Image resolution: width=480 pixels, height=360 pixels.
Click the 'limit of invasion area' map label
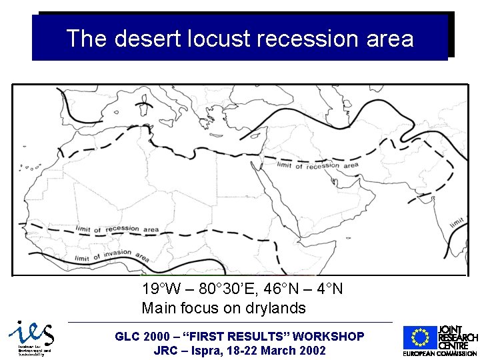pos(112,255)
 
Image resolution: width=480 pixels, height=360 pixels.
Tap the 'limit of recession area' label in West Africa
pos(117,229)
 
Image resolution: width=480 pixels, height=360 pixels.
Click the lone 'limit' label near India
pos(457,221)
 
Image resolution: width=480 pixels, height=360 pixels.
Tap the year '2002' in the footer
pos(311,350)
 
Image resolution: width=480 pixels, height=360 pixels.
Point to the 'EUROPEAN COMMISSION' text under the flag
pos(439,353)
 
